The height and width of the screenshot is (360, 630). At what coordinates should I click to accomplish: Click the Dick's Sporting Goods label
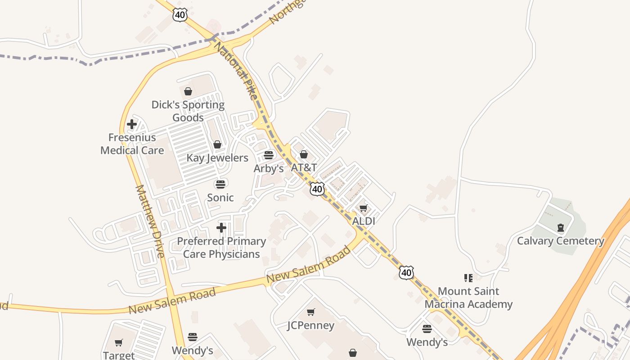coord(188,111)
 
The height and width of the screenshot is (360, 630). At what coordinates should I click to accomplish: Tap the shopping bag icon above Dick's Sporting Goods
coord(188,91)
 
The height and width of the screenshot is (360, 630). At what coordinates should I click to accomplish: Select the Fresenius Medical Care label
coord(132,144)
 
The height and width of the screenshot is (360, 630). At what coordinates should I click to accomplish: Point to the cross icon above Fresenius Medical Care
coord(132,124)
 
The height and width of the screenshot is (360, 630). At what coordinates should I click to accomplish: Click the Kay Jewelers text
coord(217,158)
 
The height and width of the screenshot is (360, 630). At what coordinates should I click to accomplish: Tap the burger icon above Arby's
coord(269,155)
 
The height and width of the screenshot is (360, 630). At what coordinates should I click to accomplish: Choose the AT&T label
coord(304,168)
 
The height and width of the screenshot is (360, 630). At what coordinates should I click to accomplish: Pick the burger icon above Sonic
coord(220,184)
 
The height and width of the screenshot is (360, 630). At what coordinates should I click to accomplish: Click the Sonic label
coord(220,198)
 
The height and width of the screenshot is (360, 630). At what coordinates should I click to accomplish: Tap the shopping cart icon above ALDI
coord(364,208)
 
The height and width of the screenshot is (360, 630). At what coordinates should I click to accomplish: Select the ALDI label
coord(364,221)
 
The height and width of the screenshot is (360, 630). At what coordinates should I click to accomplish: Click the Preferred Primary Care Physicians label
coord(221,247)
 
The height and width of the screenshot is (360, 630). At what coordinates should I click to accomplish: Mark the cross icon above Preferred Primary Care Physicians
coord(221,228)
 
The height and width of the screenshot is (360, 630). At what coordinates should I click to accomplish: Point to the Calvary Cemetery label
coord(560,241)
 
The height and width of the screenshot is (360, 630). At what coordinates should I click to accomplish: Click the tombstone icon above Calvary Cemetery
coord(560,228)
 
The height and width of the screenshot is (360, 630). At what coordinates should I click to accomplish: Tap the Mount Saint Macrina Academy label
coord(468,298)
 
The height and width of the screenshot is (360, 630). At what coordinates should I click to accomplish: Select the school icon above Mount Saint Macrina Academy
coord(468,278)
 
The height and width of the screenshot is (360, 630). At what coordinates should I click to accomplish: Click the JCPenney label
coord(311,325)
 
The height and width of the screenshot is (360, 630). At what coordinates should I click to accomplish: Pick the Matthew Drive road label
coord(150,221)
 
